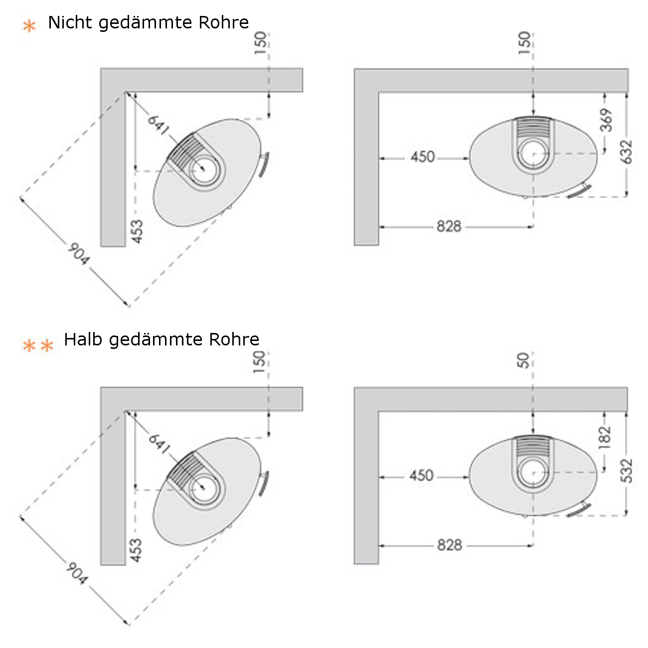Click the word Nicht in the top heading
71,23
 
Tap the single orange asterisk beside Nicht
30,26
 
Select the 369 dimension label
606,120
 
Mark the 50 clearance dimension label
523,360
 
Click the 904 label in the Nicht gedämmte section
78,254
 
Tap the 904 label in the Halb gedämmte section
77,573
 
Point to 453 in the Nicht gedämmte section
137,232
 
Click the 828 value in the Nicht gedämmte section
449,227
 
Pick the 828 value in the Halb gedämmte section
449,545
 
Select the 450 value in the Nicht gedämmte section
423,158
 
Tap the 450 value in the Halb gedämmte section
422,476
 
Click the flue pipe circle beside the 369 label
534,154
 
